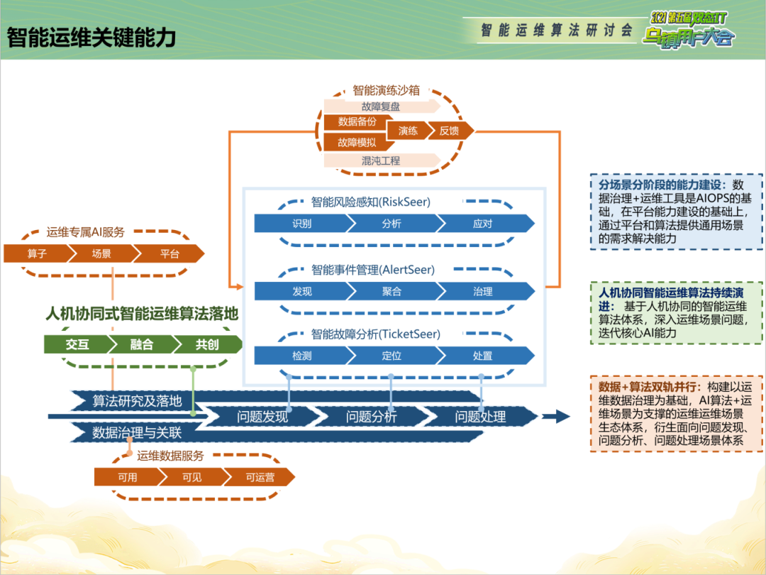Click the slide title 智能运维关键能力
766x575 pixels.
[x=91, y=38]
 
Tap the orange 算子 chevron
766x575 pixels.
[x=37, y=253]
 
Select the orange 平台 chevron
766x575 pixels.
[x=170, y=253]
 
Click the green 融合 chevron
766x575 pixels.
[x=142, y=344]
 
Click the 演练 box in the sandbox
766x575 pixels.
[x=408, y=131]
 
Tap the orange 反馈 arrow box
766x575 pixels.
[x=449, y=131]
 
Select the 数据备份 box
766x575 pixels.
[x=357, y=121]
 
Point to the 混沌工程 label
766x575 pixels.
[x=381, y=161]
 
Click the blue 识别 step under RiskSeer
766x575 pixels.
[x=301, y=224]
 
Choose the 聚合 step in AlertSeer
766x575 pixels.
[x=392, y=291]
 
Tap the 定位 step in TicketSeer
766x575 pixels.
[x=392, y=356]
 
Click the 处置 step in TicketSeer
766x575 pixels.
[x=483, y=356]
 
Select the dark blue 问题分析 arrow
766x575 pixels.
[x=371, y=417]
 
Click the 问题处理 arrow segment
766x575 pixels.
[x=480, y=417]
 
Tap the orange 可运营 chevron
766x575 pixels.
[x=260, y=477]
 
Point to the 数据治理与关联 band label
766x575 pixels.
[x=137, y=432]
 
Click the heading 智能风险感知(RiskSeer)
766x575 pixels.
[x=371, y=202]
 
